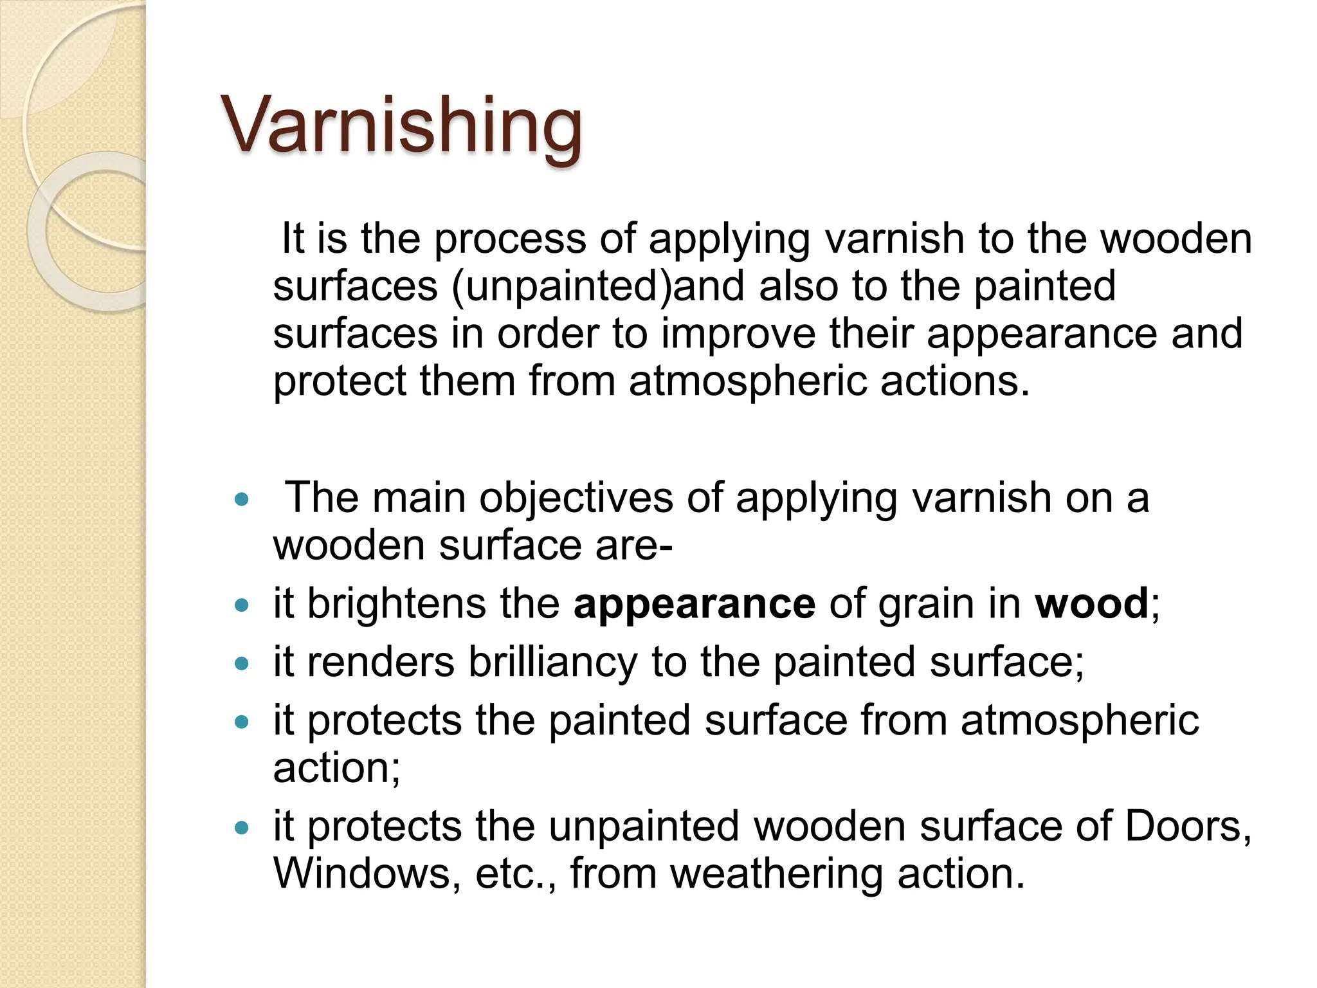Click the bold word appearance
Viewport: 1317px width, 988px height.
(695, 605)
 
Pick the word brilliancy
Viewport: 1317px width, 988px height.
(552, 663)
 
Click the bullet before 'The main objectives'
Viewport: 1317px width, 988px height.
(242, 499)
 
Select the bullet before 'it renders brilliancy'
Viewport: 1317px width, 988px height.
(242, 663)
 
